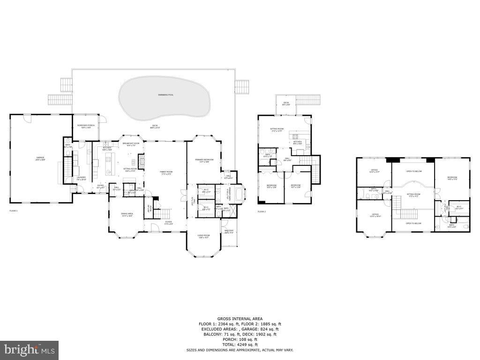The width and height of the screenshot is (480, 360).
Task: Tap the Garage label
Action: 40,158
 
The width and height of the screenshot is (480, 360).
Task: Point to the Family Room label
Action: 165,173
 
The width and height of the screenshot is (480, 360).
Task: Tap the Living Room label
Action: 203,236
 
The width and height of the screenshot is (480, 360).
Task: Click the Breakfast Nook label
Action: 131,144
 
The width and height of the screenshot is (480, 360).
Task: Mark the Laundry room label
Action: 81,178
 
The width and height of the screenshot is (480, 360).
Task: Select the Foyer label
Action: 168,223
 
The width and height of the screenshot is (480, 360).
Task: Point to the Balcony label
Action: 229,232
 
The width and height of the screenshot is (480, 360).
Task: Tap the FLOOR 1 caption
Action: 13,211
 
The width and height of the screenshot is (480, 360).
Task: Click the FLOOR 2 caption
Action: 262,211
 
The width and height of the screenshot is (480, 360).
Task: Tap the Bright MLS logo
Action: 29,350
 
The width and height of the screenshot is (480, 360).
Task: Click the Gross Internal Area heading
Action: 240,319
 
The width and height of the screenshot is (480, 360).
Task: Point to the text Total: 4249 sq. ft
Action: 240,345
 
